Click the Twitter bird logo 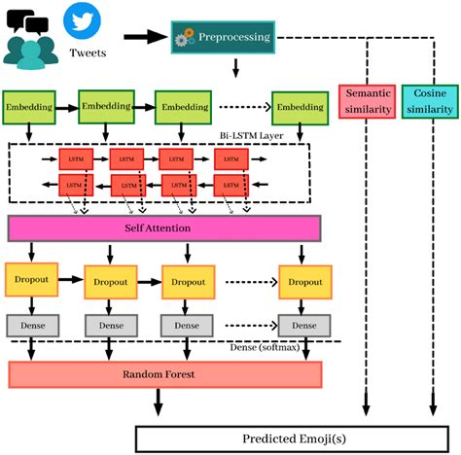[x=82, y=20]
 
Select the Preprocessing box [x=223, y=37]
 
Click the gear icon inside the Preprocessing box [x=184, y=38]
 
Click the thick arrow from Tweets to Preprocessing [x=144, y=37]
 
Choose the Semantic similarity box [x=367, y=102]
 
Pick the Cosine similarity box [x=429, y=102]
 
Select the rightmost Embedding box [x=298, y=107]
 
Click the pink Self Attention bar [x=164, y=227]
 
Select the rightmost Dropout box [x=304, y=281]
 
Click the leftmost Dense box [x=29, y=324]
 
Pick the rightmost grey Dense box [x=304, y=325]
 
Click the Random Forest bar [x=164, y=374]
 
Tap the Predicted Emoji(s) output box [x=293, y=437]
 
